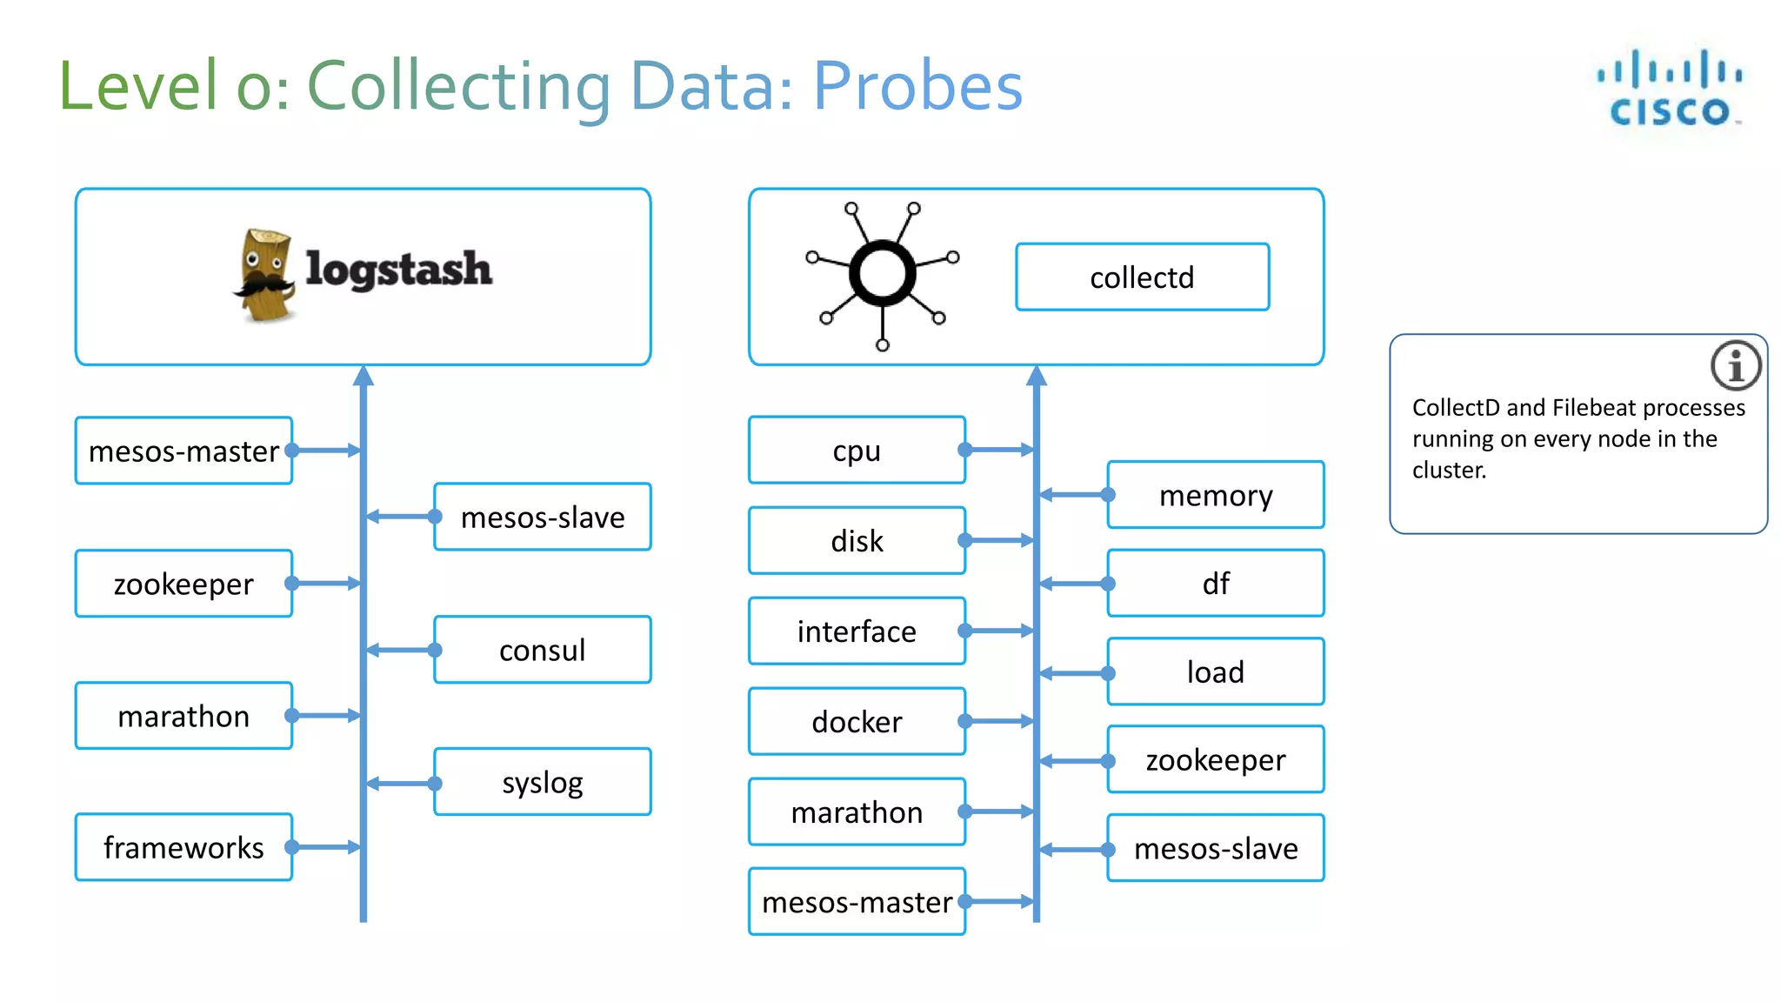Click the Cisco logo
click(1669, 89)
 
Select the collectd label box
click(1142, 277)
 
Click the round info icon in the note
click(1735, 365)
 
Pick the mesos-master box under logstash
click(183, 451)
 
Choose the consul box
click(542, 650)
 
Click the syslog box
click(542, 782)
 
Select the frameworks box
click(183, 847)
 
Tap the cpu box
click(857, 451)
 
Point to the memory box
click(1215, 495)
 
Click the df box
click(1215, 583)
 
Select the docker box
click(857, 721)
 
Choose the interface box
click(857, 631)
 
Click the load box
click(1215, 671)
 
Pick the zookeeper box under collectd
click(1215, 759)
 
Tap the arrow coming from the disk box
click(1000, 540)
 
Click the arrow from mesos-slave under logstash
click(400, 517)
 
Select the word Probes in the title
click(917, 86)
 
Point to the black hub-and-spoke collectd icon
click(882, 274)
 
